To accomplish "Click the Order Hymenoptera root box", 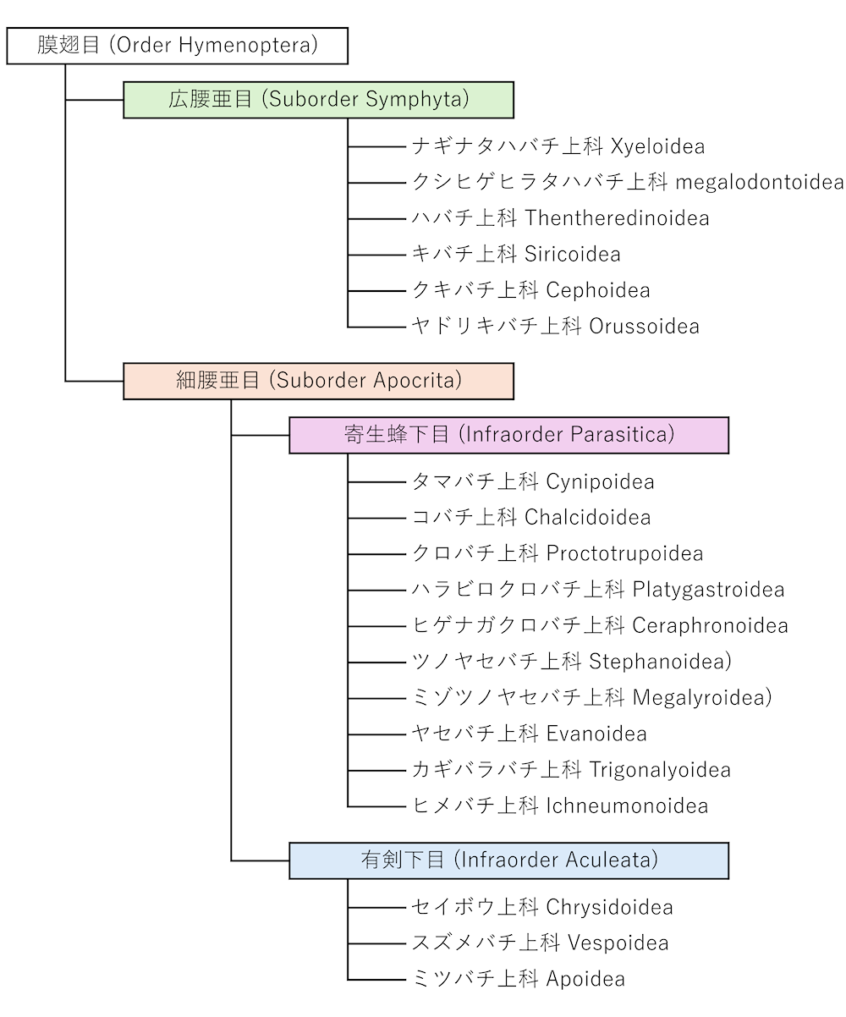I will click(x=178, y=45).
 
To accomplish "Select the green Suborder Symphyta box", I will click(x=318, y=99).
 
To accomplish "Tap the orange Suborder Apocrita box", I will click(x=318, y=381).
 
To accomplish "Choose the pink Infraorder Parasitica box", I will click(x=508, y=435).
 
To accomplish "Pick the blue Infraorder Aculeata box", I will click(x=508, y=860).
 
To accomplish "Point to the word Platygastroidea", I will click(x=708, y=590).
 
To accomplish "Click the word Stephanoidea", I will click(x=659, y=662).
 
